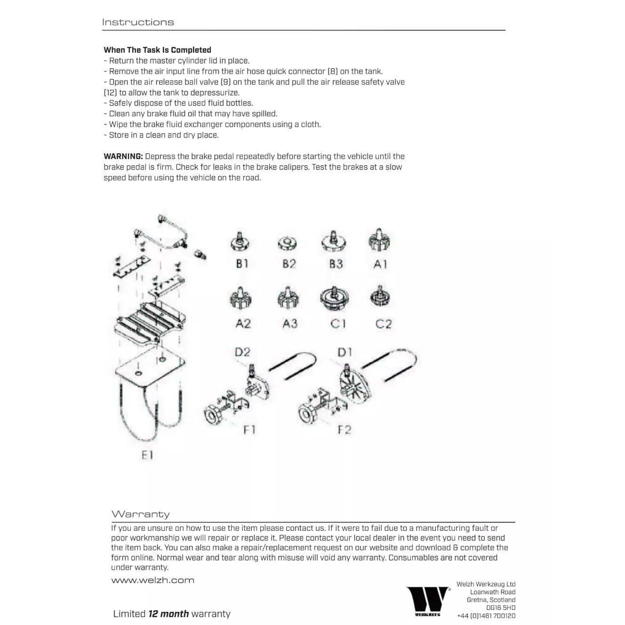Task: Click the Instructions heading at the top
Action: [138, 22]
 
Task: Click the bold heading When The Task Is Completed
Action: [157, 50]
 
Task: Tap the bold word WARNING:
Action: [123, 156]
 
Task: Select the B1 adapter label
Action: [242, 264]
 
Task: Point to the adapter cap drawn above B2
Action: [287, 243]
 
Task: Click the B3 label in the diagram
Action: [336, 264]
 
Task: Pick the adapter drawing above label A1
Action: [379, 240]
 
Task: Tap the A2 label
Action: [243, 324]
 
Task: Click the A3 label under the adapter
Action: [290, 324]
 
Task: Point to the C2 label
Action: [384, 324]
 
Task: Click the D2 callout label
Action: [242, 352]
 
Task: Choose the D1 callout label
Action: [345, 352]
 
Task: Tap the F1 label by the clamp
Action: [249, 430]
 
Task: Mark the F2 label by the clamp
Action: [345, 430]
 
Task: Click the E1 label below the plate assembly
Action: [147, 455]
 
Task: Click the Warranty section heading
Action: [140, 514]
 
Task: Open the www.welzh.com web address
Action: [152, 580]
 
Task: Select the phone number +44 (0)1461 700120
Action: [486, 616]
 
